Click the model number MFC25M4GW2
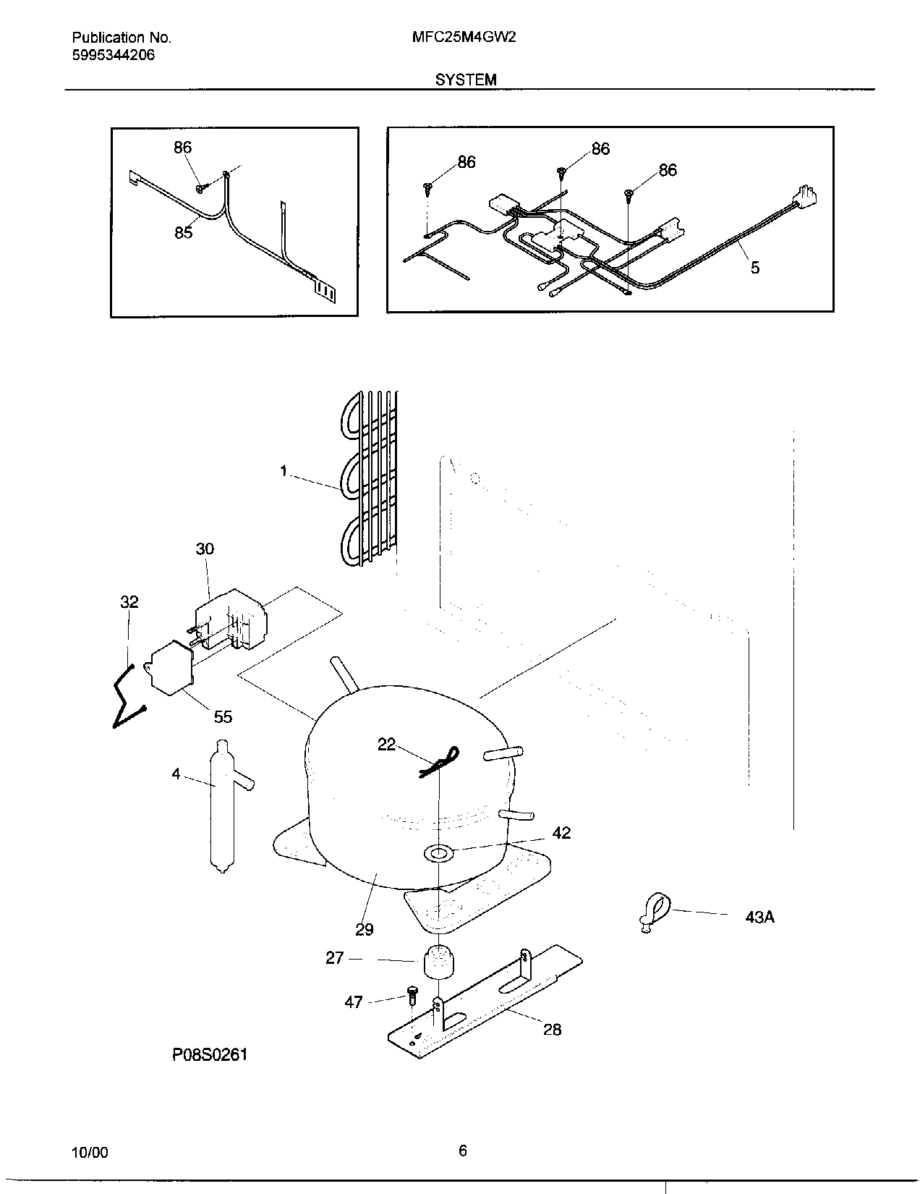(464, 37)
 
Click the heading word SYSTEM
(466, 80)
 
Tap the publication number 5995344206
(114, 55)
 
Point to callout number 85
(183, 232)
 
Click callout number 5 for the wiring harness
(754, 268)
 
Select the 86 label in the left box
(182, 148)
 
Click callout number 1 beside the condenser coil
(284, 471)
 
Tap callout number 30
(205, 549)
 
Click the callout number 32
(129, 602)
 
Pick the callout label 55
(223, 716)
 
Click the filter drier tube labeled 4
(220, 803)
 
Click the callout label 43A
(759, 917)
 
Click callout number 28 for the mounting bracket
(552, 1029)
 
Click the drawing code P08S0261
(210, 1054)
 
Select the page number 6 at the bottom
(463, 1151)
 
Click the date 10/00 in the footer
(90, 1153)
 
